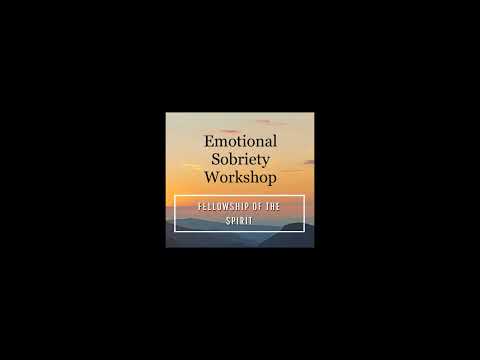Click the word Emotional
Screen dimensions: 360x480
tap(240, 142)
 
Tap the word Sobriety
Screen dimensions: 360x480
tap(240, 159)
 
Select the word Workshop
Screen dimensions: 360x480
tap(240, 177)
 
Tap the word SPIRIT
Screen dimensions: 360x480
tap(239, 220)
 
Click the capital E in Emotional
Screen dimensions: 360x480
tap(207, 142)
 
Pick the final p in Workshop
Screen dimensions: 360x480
tap(272, 179)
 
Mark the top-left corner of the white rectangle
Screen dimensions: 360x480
tap(175, 196)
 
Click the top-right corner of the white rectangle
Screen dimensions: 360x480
tap(304, 196)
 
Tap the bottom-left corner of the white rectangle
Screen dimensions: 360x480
tap(175, 231)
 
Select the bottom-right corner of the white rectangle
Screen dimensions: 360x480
tap(304, 231)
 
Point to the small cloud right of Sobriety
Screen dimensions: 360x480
tap(305, 161)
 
